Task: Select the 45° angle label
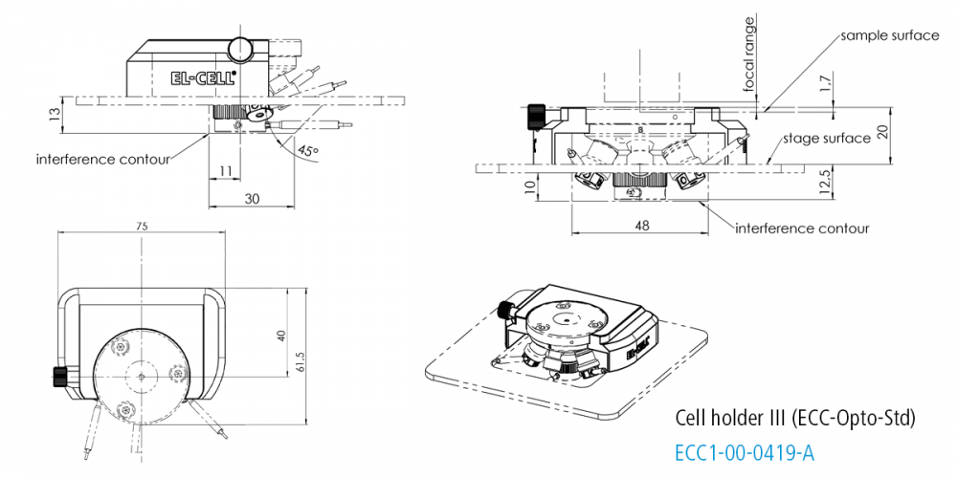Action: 308,150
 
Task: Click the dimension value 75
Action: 142,227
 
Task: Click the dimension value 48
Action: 641,226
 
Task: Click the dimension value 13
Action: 53,114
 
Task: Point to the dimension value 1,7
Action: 826,88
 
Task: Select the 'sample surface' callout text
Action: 889,35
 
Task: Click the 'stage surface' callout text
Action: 827,139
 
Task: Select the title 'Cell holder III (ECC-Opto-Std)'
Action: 795,418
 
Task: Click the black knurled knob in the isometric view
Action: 504,310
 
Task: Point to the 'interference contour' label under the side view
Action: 102,158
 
